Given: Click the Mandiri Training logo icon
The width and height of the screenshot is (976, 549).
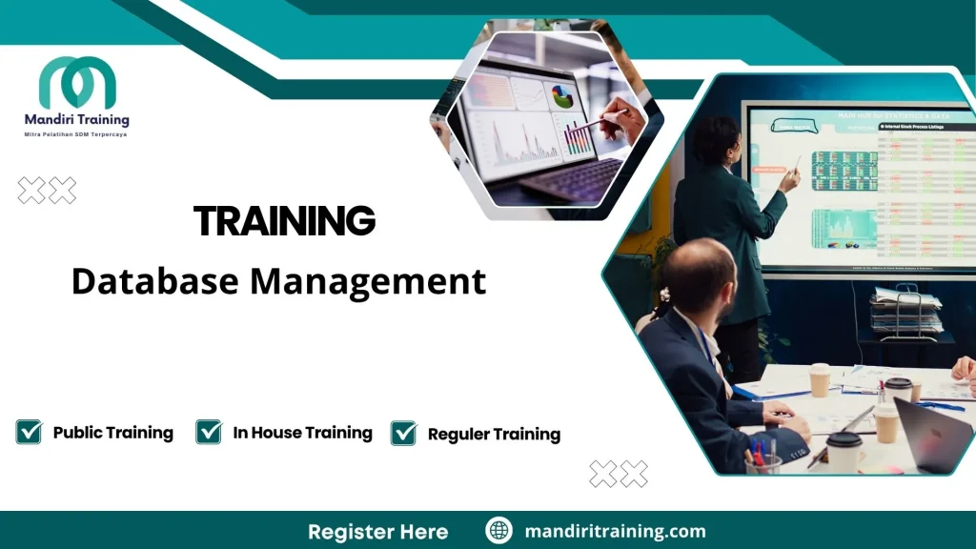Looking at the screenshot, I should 77,83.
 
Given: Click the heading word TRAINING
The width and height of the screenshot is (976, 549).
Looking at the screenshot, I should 284,221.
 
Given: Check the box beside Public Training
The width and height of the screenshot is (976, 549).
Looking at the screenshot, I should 30,432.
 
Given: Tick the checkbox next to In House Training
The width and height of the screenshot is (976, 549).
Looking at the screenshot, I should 209,432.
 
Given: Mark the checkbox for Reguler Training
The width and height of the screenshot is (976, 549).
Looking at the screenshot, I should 404,434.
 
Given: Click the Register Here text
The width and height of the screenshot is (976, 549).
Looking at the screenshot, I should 377,531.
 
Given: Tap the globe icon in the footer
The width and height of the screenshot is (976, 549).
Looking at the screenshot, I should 498,531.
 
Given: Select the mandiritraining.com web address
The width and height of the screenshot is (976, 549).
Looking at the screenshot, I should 615,531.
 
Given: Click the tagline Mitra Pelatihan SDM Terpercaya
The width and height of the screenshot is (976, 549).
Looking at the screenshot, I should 75,134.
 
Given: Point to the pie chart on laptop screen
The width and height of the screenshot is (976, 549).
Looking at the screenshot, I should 562,96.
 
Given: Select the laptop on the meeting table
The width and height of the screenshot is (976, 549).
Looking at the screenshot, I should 934,434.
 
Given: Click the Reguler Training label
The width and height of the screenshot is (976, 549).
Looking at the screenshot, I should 494,435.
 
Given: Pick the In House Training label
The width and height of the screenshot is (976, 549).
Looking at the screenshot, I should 302,433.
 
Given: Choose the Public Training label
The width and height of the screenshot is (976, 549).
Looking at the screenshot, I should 112,433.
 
